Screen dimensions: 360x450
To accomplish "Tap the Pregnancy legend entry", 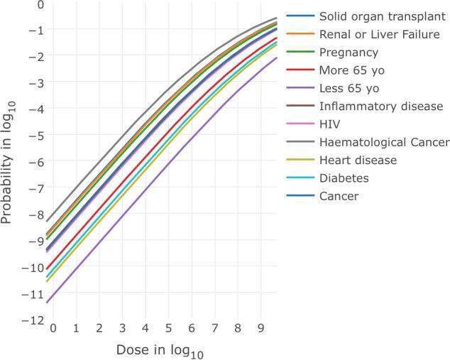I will (x=349, y=52).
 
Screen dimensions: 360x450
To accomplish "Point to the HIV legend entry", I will (x=330, y=124).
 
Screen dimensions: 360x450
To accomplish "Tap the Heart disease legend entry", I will (x=356, y=160).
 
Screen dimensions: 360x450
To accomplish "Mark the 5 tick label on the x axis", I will (x=168, y=330).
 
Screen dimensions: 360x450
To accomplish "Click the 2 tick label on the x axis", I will (x=99, y=330).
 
